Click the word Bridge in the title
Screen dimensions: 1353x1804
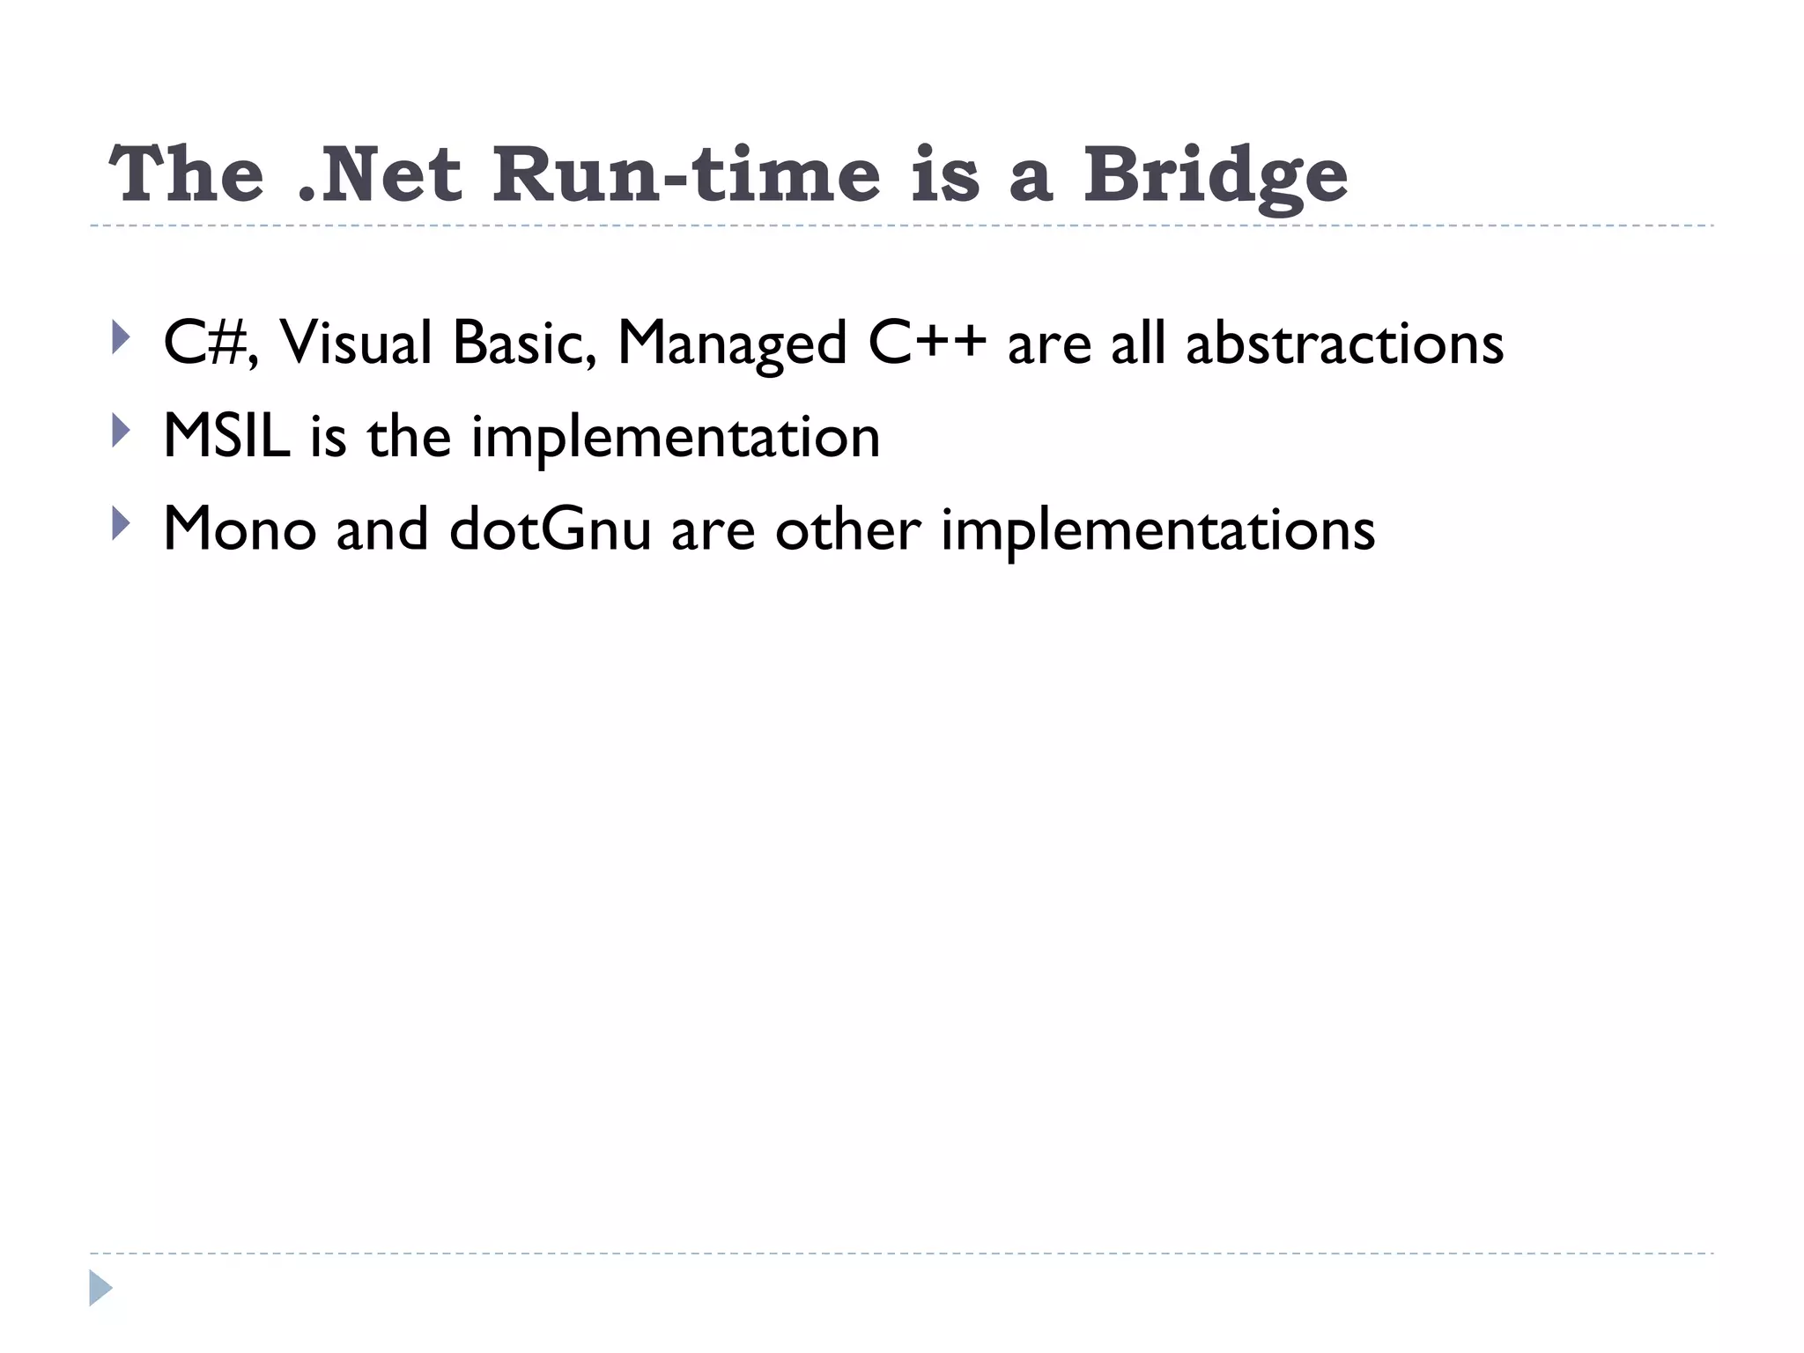(x=1215, y=176)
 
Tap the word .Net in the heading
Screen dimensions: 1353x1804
(x=379, y=174)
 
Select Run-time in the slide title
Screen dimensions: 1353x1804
(x=686, y=174)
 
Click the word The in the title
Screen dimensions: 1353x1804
(x=186, y=174)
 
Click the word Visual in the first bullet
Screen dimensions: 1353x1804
(x=356, y=343)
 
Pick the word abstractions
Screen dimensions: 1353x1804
(x=1344, y=343)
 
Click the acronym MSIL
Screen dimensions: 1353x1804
(x=226, y=436)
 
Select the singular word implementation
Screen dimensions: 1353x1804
(x=676, y=438)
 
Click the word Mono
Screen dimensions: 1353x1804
(x=240, y=529)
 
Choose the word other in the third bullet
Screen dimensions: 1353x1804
(x=847, y=529)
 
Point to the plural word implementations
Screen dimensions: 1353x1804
(x=1157, y=531)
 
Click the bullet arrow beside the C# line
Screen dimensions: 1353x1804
(x=121, y=337)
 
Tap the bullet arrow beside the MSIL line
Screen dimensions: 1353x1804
(x=121, y=431)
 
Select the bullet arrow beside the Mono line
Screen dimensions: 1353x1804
(x=121, y=524)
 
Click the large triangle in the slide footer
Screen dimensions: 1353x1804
(x=100, y=1288)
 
